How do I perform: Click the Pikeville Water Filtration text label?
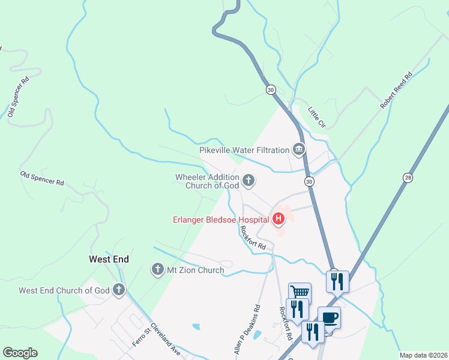[x=244, y=150]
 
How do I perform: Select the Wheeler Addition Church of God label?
[x=207, y=181]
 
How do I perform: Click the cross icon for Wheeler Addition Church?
[x=248, y=179]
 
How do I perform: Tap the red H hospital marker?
[x=278, y=219]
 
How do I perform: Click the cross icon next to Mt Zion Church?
[x=158, y=269]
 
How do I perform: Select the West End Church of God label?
[x=64, y=290]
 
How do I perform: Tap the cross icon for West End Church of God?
[x=119, y=290]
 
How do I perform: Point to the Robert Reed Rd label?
[x=397, y=91]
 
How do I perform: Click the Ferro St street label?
[x=140, y=336]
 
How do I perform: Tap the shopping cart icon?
[x=300, y=292]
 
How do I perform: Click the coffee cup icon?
[x=329, y=317]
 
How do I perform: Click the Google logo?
[x=20, y=353]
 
